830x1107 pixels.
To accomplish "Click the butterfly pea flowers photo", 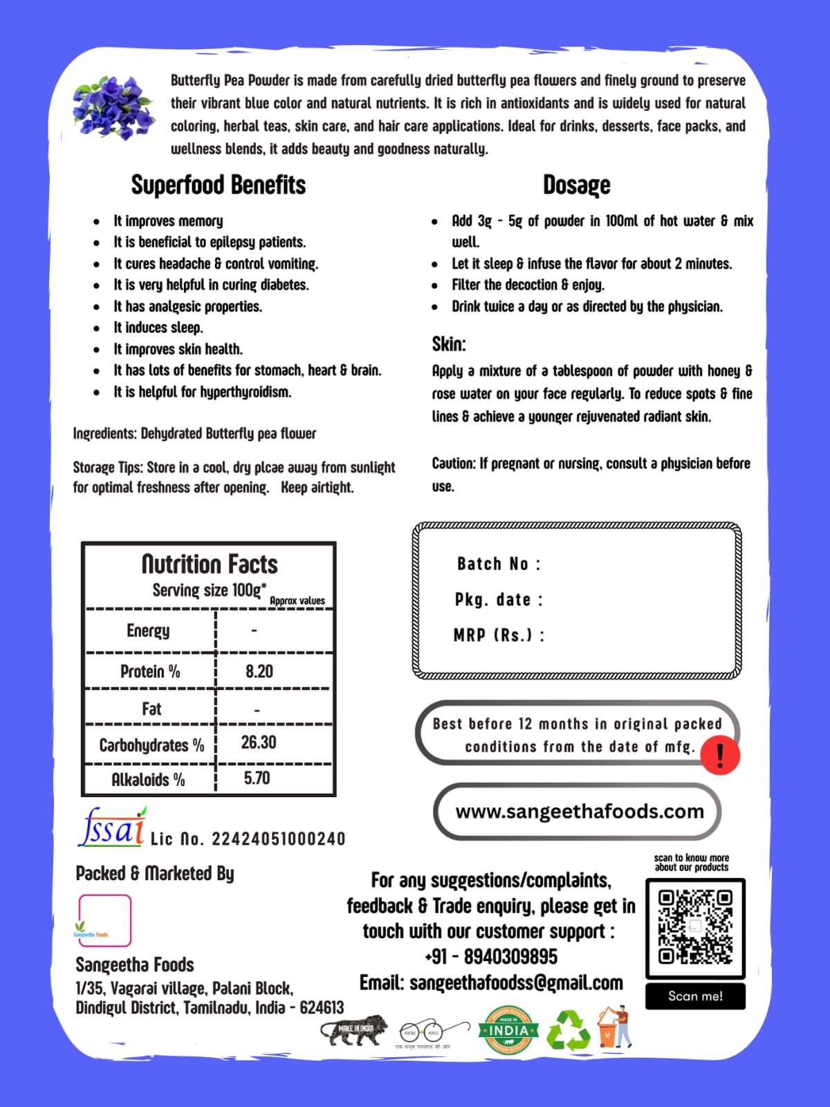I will [113, 107].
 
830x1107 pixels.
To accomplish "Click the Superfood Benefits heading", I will [218, 185].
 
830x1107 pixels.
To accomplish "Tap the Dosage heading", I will [576, 185].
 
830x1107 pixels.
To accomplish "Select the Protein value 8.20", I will [259, 671].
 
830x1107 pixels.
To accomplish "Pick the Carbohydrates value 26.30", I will [258, 742].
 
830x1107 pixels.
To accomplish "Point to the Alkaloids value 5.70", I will [257, 778].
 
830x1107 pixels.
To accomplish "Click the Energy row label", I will [148, 630].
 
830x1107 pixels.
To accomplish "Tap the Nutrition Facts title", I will [210, 565].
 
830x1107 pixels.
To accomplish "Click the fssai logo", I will [113, 827].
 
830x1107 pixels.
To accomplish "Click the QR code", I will [694, 927].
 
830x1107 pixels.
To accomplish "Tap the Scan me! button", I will [695, 996].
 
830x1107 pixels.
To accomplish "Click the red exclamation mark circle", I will [720, 755].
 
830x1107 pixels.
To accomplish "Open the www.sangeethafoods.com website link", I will [579, 811].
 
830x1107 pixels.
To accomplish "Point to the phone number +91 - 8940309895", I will [491, 957].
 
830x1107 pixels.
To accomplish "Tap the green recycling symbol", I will [568, 1030].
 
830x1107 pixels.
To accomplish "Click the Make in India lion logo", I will [354, 1030].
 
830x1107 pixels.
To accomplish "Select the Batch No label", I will [498, 564].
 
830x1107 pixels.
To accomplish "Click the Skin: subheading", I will [449, 344].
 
